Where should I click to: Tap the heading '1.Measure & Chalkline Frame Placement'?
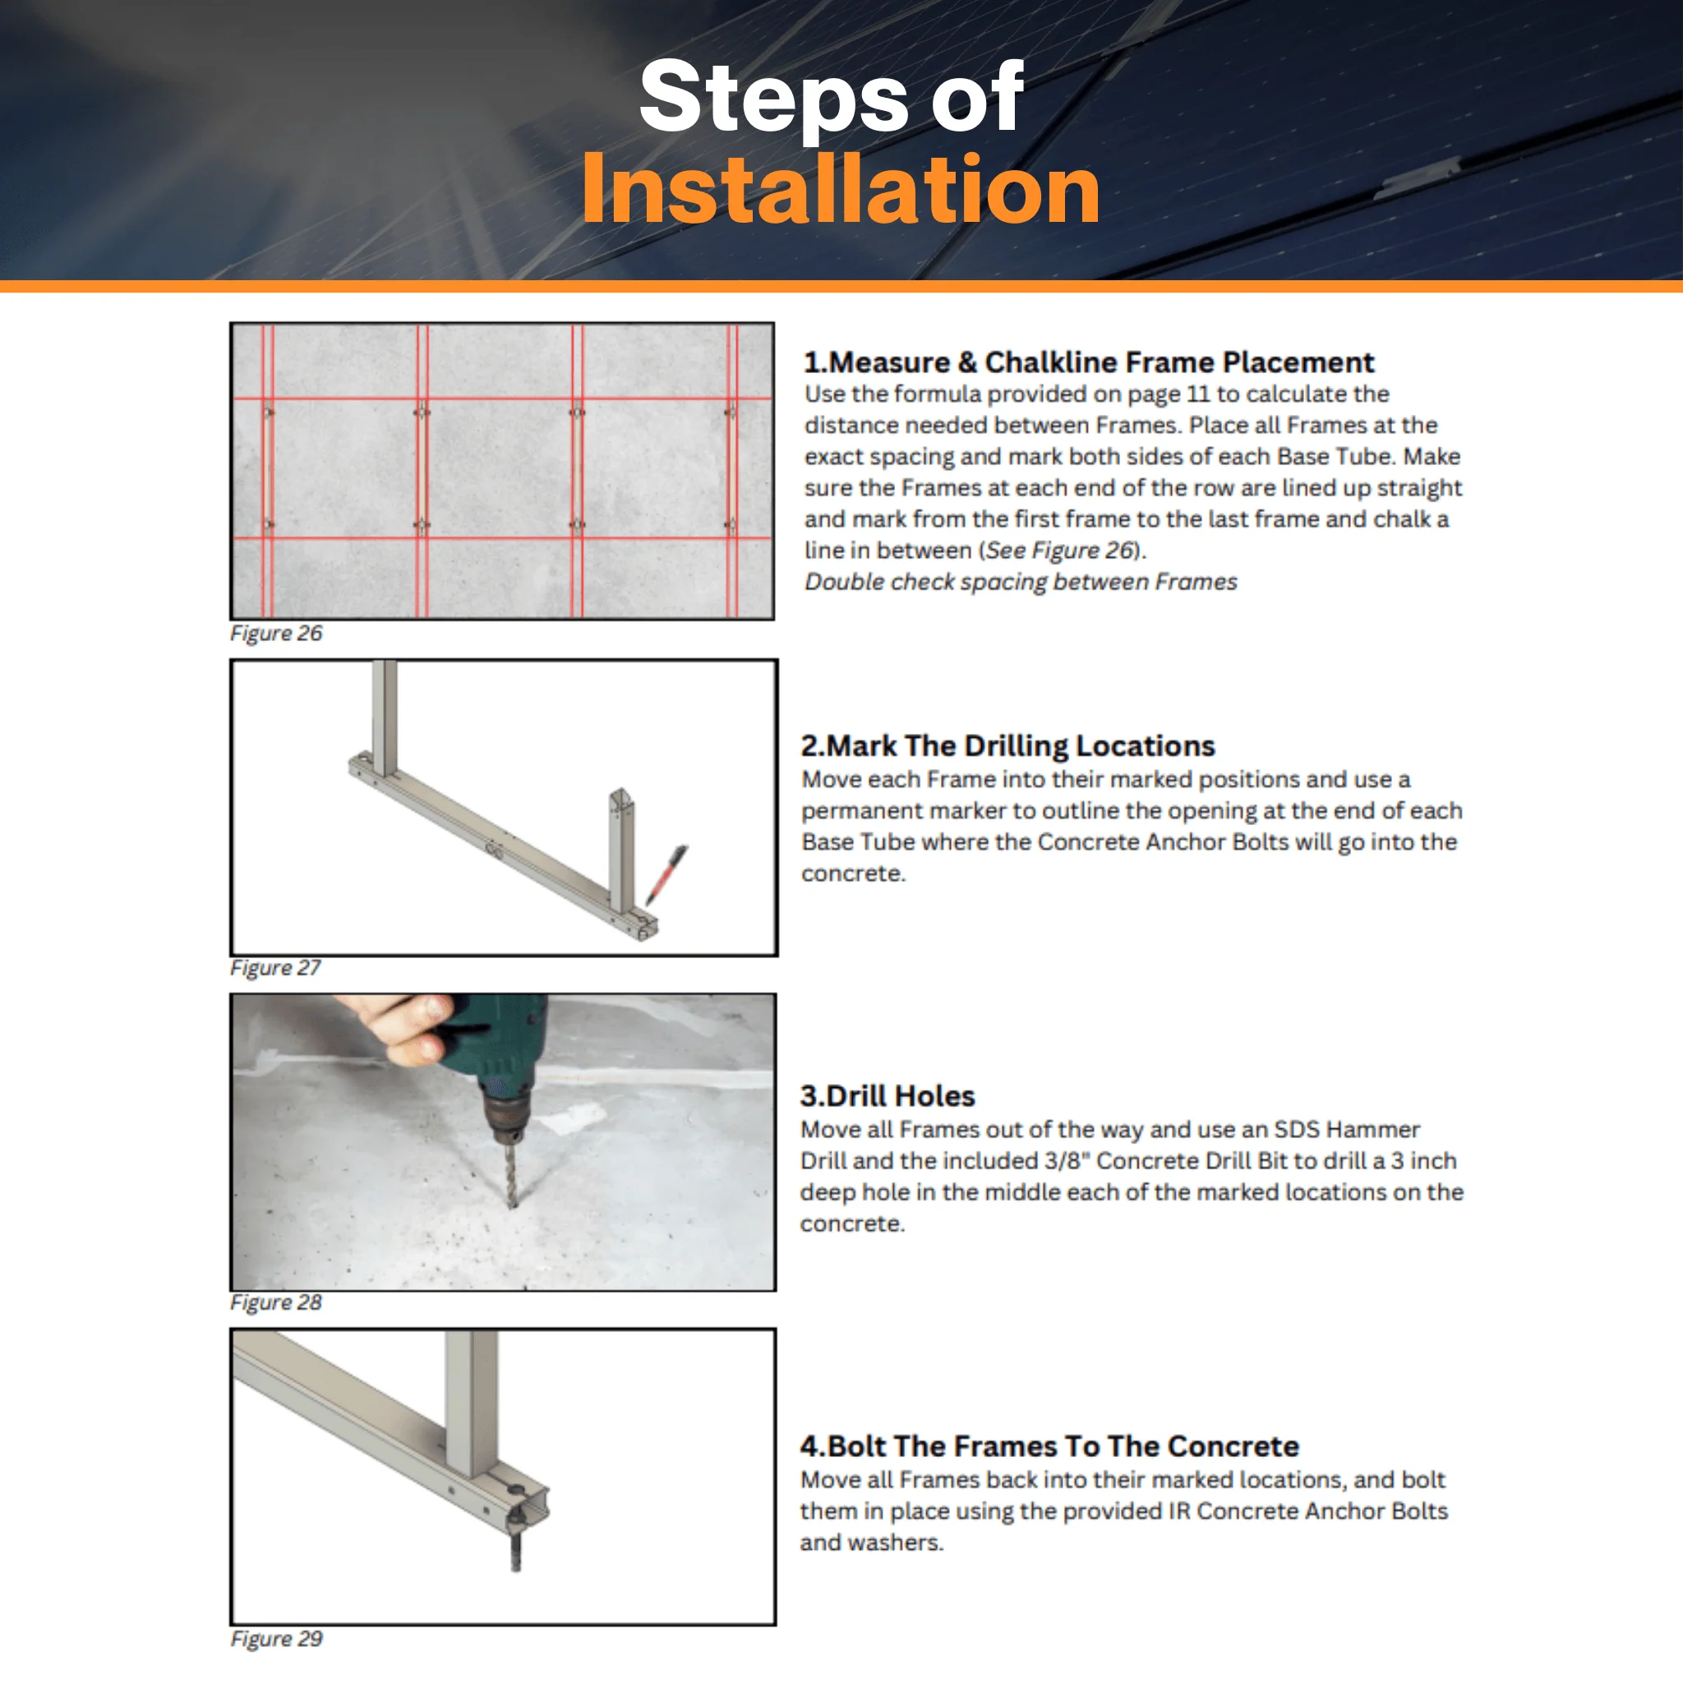click(1088, 362)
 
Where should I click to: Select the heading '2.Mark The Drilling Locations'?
click(1007, 745)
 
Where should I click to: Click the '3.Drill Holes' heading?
click(888, 1096)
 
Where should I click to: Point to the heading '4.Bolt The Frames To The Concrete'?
click(1049, 1446)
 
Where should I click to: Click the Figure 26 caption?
click(276, 634)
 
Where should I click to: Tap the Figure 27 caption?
click(275, 968)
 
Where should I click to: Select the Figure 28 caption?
click(276, 1303)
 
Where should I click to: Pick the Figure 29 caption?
click(276, 1639)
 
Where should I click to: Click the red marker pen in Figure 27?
click(667, 874)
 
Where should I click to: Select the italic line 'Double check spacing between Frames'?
click(1020, 582)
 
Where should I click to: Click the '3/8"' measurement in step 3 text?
click(1070, 1160)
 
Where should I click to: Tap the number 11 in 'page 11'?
click(1198, 394)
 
